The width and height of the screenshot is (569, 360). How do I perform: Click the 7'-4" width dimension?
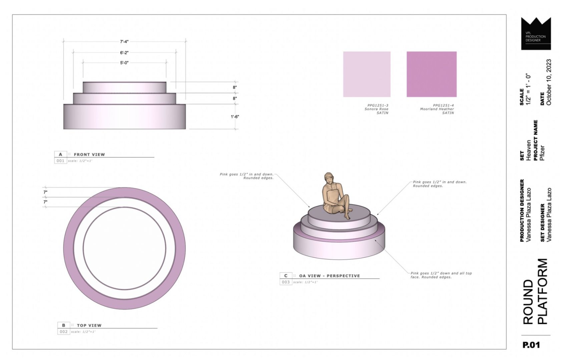click(124, 42)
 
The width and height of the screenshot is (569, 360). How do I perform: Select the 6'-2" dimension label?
click(124, 53)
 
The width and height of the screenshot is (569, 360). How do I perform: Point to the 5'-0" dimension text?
click(124, 63)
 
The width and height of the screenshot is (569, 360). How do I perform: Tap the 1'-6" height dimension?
click(235, 117)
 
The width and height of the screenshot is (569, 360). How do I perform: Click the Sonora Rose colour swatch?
click(367, 74)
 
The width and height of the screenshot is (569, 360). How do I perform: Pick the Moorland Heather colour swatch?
click(432, 74)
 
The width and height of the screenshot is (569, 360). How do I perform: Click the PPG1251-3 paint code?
click(378, 105)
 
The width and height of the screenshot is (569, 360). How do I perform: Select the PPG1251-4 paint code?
click(443, 105)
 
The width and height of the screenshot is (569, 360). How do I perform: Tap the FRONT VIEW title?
click(89, 154)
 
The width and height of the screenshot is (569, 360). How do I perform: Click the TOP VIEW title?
click(89, 325)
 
